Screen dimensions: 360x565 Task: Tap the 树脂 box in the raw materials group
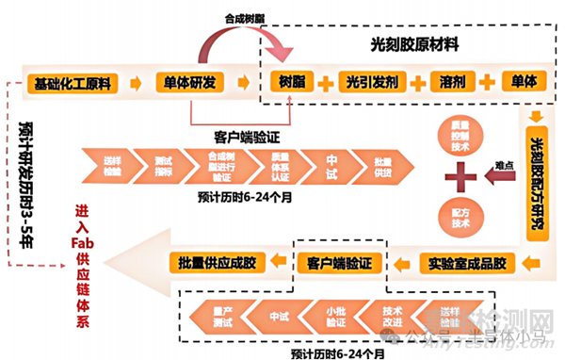[288, 82]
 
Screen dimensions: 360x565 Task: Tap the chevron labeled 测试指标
[164, 166]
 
